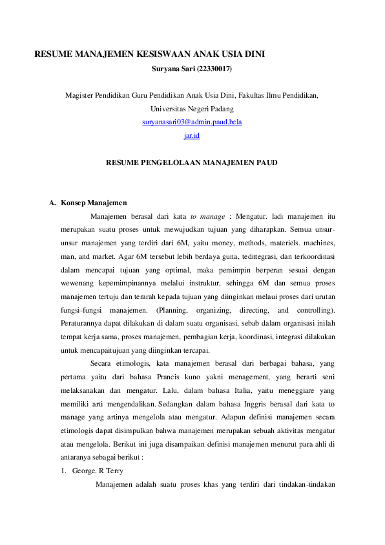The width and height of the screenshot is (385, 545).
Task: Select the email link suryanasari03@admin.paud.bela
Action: tap(192, 122)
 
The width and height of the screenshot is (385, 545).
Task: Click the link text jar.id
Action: tap(192, 135)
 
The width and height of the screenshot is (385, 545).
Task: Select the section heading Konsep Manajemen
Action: tap(94, 203)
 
